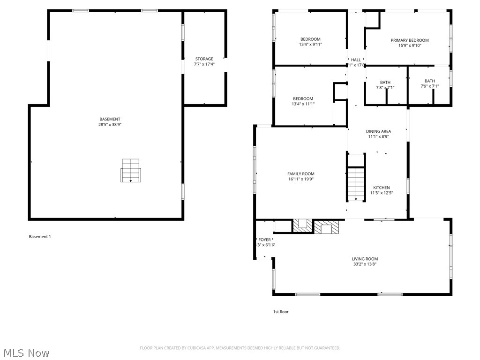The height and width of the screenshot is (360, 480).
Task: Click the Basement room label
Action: point(110,119)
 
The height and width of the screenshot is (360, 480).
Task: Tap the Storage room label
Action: point(204,59)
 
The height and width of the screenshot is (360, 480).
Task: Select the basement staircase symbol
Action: point(131,171)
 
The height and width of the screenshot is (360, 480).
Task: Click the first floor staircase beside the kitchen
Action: point(356,184)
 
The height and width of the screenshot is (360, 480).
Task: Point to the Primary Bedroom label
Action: point(410,40)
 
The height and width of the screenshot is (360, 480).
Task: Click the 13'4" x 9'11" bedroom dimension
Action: point(310,45)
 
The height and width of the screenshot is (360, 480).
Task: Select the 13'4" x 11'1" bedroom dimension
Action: point(303,104)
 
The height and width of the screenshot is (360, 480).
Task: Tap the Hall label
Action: point(356,60)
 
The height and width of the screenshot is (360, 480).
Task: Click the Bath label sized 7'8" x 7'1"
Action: point(385,82)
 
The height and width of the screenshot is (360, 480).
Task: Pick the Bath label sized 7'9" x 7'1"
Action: point(429,81)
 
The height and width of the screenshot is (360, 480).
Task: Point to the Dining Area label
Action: point(378,131)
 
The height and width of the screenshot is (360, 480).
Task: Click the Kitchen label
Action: point(381,187)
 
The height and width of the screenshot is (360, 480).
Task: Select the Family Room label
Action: point(300,174)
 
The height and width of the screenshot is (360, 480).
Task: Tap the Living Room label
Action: point(365,259)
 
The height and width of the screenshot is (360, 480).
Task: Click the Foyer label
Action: point(264,240)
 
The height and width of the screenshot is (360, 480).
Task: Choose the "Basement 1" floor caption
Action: point(40,237)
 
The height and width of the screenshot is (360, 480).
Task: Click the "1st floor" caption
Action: point(281,312)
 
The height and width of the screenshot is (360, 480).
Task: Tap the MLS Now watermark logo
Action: point(26,352)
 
